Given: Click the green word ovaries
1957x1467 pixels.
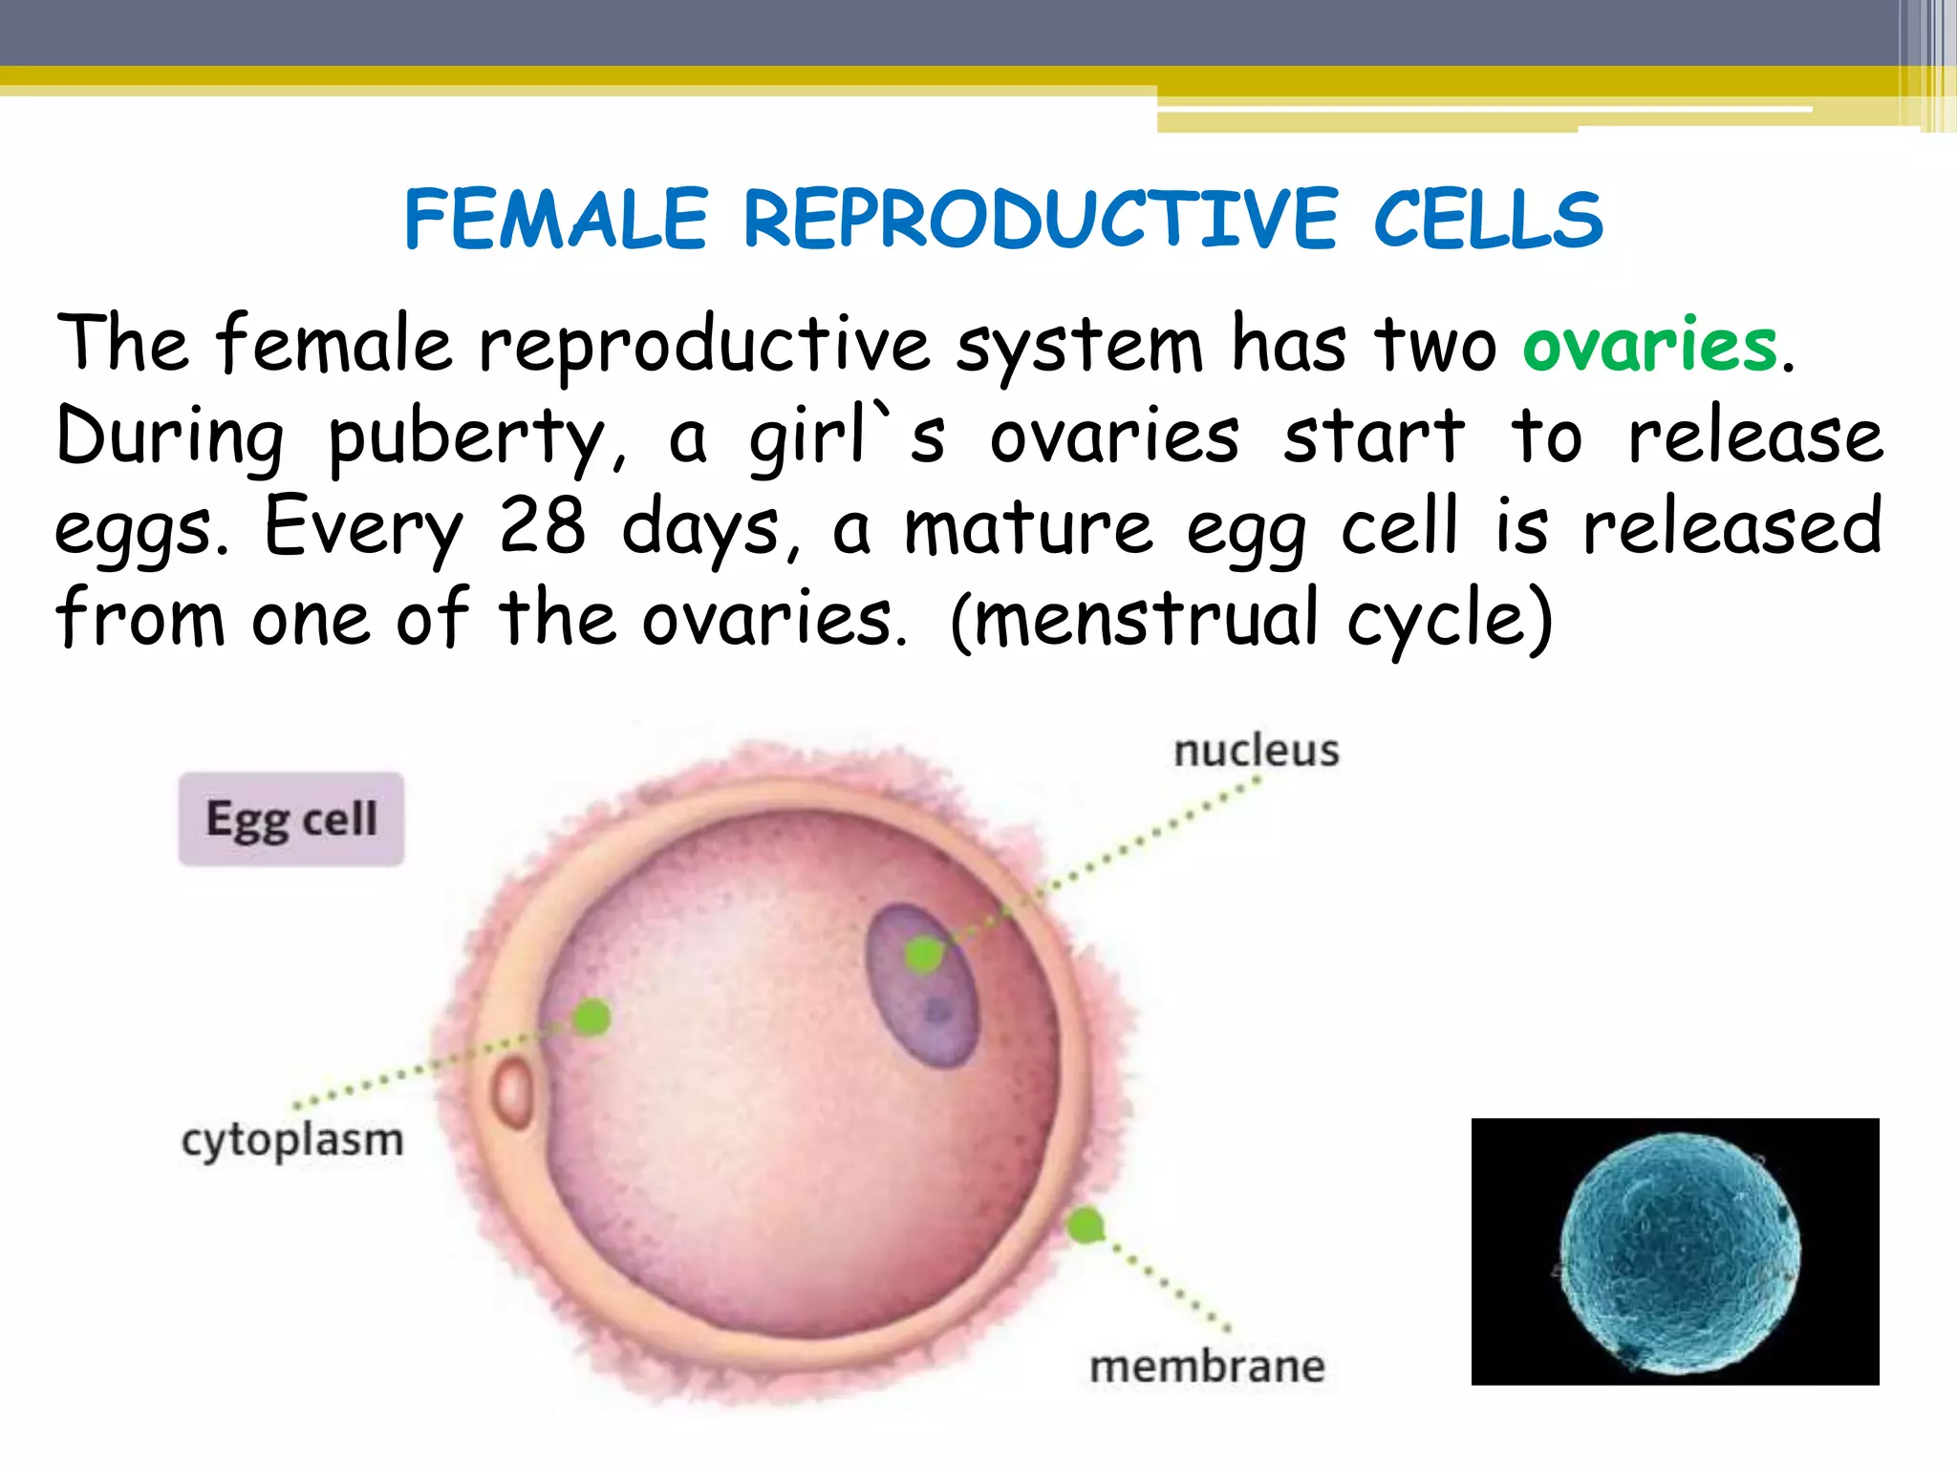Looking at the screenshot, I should pos(1649,345).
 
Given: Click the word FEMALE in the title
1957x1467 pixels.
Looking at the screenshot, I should pos(556,220).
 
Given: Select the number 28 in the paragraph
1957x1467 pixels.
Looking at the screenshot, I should pos(542,526).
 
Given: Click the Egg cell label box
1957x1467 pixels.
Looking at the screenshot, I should pos(291,819).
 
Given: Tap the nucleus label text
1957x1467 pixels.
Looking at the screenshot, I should pos(1256,751).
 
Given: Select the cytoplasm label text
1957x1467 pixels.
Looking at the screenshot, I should pos(292,1140).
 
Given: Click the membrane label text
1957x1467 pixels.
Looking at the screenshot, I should pos(1207,1366).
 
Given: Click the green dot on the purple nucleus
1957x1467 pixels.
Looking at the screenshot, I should pos(923,953).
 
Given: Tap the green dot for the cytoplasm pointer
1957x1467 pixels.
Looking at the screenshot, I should pos(591,1017).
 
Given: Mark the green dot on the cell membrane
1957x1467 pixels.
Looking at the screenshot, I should pos(1085,1225).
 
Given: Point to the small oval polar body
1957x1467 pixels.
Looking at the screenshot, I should pos(513,1094).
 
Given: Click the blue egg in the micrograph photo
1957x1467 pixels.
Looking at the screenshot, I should pos(1679,1253).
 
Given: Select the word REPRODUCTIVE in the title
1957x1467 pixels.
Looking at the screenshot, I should pos(1040,220).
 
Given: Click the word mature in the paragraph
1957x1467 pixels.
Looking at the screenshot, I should pos(1028,528).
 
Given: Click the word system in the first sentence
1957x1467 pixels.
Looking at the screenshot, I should pos(1080,345).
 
